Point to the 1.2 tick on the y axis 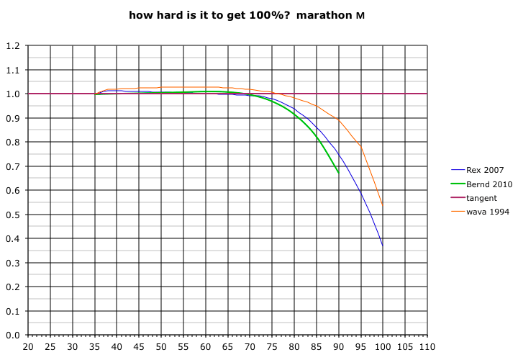13,46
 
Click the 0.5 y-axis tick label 13,215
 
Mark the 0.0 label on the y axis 13,335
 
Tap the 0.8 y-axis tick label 13,143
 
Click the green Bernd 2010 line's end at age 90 338,173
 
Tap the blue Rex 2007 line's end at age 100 383,246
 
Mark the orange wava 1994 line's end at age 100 383,204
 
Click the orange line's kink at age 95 360,147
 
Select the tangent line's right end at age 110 427,94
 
